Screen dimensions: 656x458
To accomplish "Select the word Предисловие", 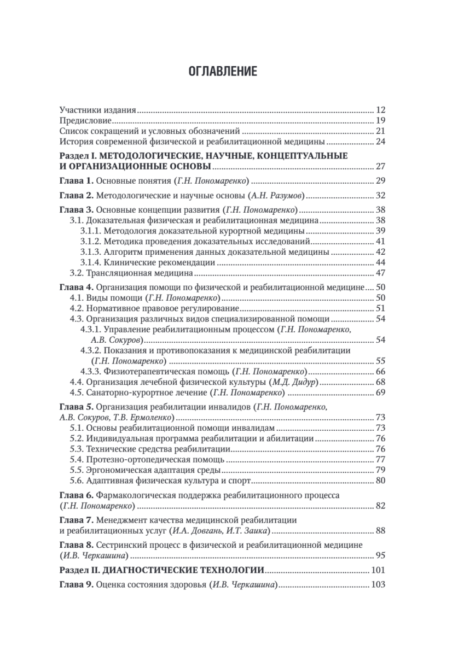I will click(85, 120).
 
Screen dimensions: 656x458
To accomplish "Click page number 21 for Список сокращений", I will click(381, 131).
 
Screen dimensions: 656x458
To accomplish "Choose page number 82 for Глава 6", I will click(381, 506).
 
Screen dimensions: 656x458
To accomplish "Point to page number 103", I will click(379, 585).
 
